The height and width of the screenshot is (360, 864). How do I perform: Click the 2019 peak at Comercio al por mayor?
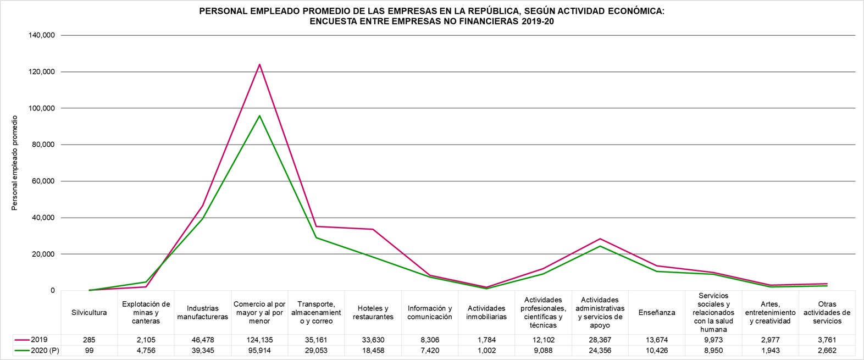(x=259, y=64)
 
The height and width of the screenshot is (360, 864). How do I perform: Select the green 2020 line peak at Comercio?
(x=259, y=115)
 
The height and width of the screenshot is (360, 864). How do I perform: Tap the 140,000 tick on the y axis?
(x=42, y=35)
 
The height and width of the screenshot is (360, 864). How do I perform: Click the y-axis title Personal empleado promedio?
(x=15, y=163)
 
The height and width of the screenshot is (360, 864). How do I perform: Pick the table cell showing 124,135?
(x=259, y=340)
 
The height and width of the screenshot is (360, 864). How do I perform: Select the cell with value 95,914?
(x=259, y=350)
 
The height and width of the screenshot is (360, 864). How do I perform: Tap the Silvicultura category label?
(x=89, y=312)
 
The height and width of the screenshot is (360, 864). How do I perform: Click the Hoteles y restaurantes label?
(x=373, y=312)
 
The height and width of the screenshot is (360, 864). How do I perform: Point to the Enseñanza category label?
(x=657, y=312)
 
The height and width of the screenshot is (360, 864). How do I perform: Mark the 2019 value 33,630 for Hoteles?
(x=373, y=340)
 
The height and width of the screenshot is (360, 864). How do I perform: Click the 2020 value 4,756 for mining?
(x=146, y=350)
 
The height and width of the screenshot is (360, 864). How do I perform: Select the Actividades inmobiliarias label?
(x=486, y=312)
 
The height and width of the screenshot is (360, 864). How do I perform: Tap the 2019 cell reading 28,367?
(x=600, y=340)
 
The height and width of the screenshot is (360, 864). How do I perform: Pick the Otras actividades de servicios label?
(x=827, y=312)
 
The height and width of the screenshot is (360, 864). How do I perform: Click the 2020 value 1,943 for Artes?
(x=770, y=350)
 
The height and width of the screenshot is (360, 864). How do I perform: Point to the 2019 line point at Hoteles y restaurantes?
(x=373, y=229)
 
